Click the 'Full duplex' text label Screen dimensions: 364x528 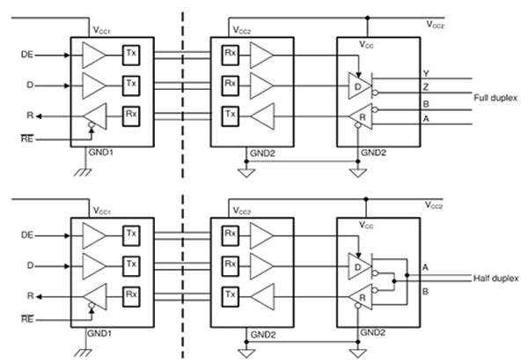click(x=496, y=98)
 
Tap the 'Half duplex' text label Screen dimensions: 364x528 click(x=496, y=279)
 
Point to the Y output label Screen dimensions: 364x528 click(x=426, y=73)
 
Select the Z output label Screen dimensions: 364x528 click(x=426, y=88)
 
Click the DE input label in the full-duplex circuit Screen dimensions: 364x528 click(x=26, y=55)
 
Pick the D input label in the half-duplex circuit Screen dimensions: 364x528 click(x=29, y=264)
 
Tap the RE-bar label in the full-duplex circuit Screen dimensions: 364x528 click(x=26, y=138)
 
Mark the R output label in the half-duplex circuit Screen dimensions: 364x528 click(x=29, y=294)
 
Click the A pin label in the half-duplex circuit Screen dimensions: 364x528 click(x=426, y=266)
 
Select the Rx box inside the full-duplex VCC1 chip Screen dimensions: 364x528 click(x=131, y=114)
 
